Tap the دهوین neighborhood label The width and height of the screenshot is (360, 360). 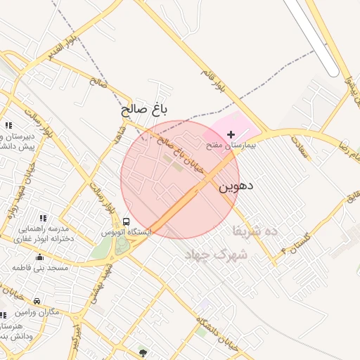[x=235, y=186]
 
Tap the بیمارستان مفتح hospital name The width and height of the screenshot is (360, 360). [x=233, y=145]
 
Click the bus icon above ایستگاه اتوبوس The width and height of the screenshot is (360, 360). [x=127, y=221]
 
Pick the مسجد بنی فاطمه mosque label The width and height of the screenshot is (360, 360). [x=39, y=268]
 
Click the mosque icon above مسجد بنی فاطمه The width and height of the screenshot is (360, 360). [x=39, y=257]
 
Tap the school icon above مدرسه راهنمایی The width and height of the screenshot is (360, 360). [x=43, y=219]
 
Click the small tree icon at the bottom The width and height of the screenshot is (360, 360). [x=143, y=352]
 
